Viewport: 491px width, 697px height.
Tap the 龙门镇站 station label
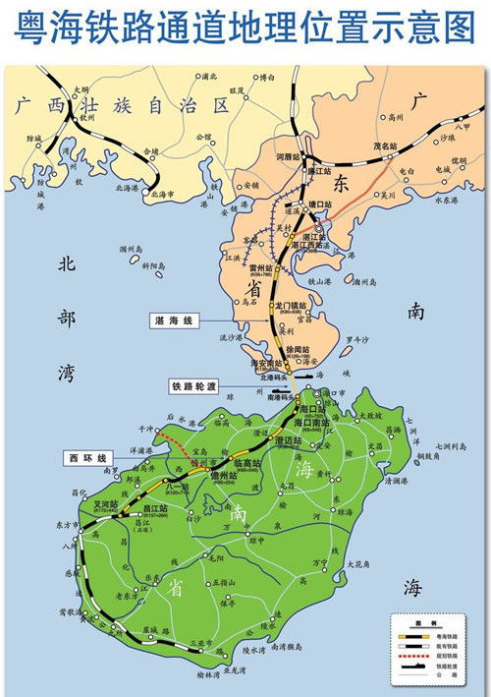[294, 306]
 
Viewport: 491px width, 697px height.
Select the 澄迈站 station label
[290, 440]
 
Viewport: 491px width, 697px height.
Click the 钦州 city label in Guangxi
[88, 116]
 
